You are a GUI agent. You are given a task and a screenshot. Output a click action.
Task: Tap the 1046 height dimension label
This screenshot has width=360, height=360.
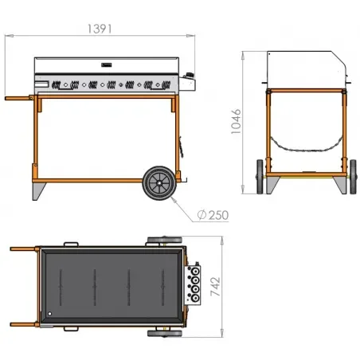[237, 124]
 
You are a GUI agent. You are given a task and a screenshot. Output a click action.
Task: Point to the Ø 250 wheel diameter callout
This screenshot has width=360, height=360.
[211, 215]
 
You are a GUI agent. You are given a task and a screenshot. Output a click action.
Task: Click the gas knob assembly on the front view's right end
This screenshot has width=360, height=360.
[189, 80]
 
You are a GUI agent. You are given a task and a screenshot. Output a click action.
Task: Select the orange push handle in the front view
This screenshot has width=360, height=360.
[20, 100]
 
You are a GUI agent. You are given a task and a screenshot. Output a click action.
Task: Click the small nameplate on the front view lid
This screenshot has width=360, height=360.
[106, 66]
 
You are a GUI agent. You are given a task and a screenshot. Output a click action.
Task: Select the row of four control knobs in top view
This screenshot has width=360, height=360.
[194, 284]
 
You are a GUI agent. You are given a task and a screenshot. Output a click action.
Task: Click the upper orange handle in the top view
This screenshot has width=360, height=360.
[24, 248]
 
